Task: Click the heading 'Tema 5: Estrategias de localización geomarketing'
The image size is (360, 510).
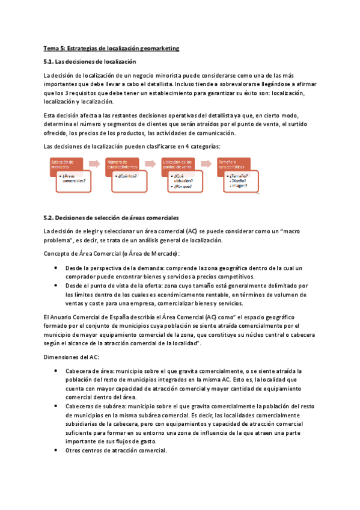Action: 112,48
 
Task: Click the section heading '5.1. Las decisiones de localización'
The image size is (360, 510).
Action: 90,61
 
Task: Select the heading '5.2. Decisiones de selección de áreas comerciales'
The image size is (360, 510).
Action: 111,217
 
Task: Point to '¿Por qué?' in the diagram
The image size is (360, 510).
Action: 183,186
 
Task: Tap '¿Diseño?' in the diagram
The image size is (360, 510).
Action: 238,180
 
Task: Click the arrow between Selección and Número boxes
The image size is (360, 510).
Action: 94,164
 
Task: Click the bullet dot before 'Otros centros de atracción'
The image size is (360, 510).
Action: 56,451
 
